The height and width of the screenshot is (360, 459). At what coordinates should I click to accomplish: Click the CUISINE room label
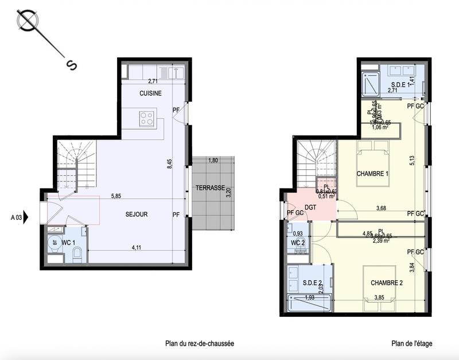pos(150,93)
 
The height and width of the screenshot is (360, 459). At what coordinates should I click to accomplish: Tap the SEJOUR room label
pos(137,214)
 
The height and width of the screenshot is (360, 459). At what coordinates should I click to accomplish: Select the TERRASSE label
pos(209,188)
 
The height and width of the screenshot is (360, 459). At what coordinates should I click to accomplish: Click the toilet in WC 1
pos(79,252)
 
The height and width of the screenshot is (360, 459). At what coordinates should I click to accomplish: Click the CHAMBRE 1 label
pos(372,174)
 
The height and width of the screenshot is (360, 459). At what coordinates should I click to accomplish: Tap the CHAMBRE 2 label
pos(387,282)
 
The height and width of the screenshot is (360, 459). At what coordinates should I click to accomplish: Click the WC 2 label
pos(297,243)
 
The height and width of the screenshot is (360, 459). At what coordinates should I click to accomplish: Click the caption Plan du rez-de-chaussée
pos(199,344)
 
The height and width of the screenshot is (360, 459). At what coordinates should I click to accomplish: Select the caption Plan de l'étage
pos(412,344)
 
